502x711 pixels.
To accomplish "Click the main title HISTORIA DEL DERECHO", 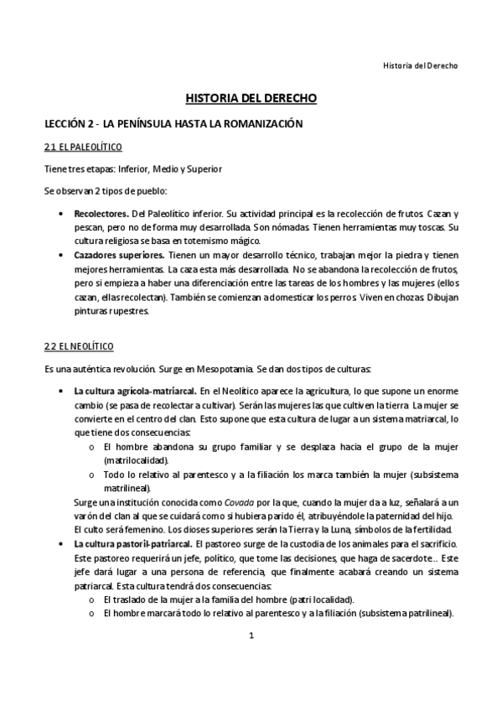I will point(251,98).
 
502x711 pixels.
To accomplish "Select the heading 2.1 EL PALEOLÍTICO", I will point(83,148).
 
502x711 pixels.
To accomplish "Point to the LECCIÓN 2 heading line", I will point(172,123).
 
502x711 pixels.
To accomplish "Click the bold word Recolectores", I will point(101,215).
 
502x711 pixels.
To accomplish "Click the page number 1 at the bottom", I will point(251,660).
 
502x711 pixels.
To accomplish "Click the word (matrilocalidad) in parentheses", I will point(136,460).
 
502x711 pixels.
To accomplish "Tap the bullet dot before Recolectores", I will point(61,215).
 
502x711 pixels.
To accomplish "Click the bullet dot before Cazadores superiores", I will point(61,254).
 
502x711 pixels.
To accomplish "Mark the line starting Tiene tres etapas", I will point(132,169).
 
